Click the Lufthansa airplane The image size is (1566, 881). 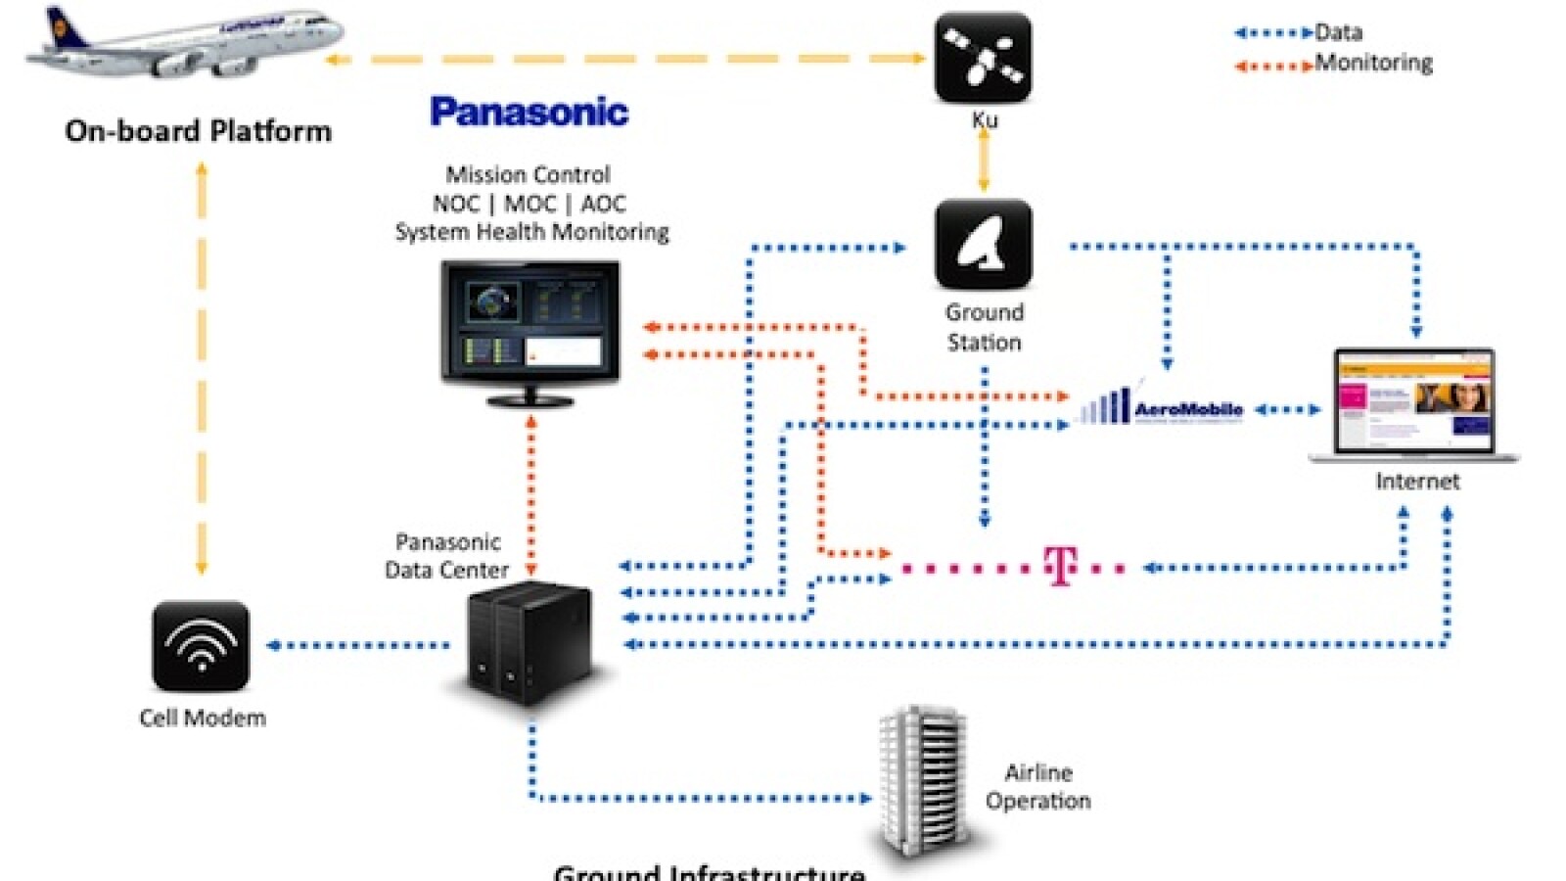pos(186,44)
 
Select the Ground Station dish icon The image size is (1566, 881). pos(983,244)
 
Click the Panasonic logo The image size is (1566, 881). pos(529,112)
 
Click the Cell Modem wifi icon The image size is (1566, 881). pos(202,646)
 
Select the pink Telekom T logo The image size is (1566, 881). pos(1061,566)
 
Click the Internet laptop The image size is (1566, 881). pos(1415,405)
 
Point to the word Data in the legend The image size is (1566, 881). pos(1338,32)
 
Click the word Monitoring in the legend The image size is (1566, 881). pos(1373,64)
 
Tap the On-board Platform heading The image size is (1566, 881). pos(198,131)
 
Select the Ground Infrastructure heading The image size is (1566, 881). pos(709,871)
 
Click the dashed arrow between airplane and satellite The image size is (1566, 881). pos(626,59)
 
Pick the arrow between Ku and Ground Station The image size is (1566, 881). pos(984,160)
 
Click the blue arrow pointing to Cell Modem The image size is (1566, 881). pos(357,645)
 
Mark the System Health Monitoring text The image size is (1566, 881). pos(531,232)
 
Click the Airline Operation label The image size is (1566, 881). pos(1037,786)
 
